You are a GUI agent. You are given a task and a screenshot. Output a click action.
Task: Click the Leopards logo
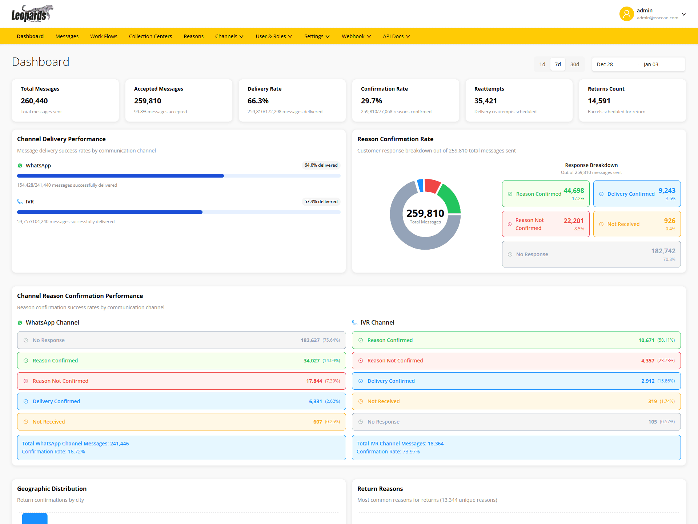click(32, 13)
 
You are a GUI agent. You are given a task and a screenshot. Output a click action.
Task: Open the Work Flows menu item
click(104, 36)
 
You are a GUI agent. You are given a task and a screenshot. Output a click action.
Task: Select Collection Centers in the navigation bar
click(150, 36)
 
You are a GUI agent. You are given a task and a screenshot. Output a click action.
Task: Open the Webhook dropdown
click(356, 36)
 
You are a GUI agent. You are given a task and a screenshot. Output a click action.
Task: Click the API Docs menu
click(396, 36)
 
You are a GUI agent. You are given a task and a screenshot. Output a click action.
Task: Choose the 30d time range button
click(574, 64)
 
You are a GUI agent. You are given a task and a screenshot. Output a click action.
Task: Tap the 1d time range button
click(542, 64)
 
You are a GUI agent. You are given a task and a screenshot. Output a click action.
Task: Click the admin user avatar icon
click(626, 14)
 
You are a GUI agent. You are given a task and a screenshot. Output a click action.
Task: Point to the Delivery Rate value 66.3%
click(258, 101)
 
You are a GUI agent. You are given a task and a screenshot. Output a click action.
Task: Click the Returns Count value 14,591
click(599, 101)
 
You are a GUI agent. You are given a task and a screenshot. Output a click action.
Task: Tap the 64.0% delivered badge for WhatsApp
click(321, 165)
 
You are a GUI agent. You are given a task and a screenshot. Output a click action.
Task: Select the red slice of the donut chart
click(432, 185)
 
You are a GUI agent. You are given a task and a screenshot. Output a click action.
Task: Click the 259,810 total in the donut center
click(425, 213)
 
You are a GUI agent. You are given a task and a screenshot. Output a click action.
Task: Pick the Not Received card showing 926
click(637, 224)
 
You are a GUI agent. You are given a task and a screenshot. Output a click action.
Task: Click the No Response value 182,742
click(663, 251)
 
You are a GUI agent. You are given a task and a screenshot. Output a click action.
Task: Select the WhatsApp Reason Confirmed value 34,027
click(311, 361)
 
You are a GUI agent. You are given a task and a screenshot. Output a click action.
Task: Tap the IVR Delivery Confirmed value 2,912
click(647, 381)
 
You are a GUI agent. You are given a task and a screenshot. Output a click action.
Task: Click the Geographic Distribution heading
click(52, 489)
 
